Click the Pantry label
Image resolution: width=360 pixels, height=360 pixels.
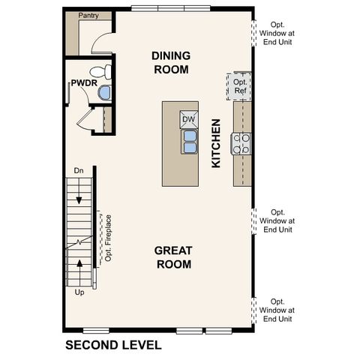(x=89, y=15)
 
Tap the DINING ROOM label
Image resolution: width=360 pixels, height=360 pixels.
(x=171, y=62)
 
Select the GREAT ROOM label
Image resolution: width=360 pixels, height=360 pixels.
(x=173, y=256)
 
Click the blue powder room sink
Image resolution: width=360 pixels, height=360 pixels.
(x=104, y=93)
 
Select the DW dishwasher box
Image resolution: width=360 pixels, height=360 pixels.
(x=188, y=118)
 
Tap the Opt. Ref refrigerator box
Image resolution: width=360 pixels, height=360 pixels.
(x=240, y=86)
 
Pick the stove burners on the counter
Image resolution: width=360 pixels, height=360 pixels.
(x=242, y=142)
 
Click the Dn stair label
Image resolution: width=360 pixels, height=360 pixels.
(x=78, y=171)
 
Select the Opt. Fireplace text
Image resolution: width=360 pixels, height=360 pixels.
(x=109, y=240)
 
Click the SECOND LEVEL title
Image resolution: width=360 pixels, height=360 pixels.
(x=113, y=345)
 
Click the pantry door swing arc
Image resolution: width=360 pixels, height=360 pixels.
(x=102, y=43)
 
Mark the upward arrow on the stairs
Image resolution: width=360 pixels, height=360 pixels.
(x=79, y=266)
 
